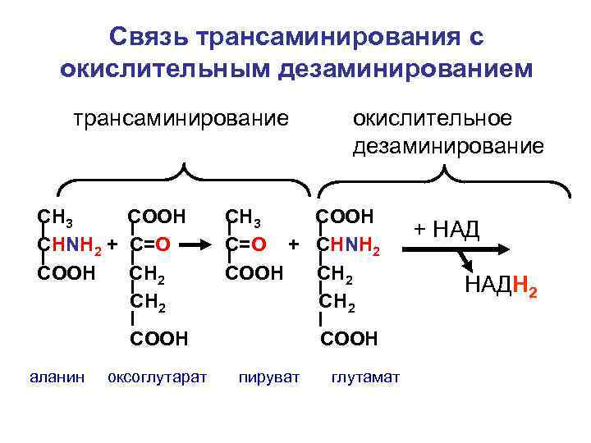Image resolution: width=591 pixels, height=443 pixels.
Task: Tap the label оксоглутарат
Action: [158, 377]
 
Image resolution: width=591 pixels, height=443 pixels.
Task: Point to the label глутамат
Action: [365, 377]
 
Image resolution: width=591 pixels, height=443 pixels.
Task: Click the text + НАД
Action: [447, 229]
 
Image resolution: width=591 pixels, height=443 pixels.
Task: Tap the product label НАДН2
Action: [502, 286]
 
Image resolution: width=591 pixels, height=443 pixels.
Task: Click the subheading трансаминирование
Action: [181, 118]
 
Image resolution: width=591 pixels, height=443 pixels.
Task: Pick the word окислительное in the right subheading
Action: [432, 118]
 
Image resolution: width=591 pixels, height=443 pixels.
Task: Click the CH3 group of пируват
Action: [243, 217]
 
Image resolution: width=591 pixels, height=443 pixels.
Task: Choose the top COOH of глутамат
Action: [346, 217]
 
